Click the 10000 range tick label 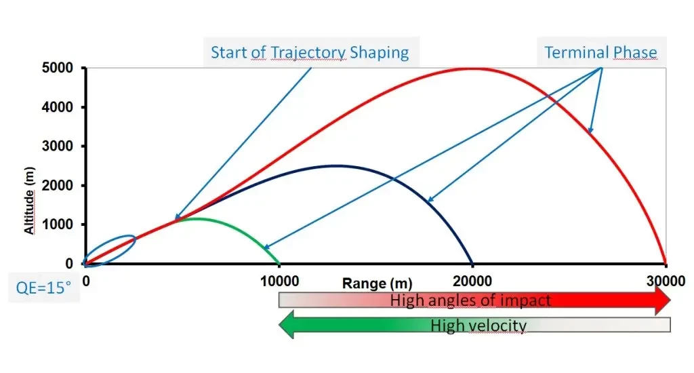click(279, 279)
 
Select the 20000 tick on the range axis click(472, 279)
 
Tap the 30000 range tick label click(665, 279)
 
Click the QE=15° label click(43, 287)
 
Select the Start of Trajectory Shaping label click(310, 52)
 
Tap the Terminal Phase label click(600, 52)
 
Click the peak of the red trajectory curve click(472, 68)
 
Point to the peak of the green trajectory click(195, 218)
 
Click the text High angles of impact click(470, 300)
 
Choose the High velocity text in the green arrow click(478, 326)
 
